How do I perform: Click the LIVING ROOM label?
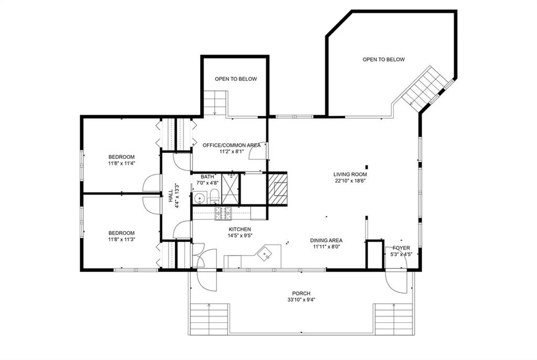[x=350, y=175]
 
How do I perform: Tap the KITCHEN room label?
[x=240, y=229]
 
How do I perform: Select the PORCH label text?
[x=302, y=293]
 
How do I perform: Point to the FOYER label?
[x=401, y=248]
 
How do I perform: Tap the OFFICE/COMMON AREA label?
[x=231, y=145]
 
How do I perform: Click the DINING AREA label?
[x=326, y=241]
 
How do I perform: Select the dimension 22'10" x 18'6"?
[x=350, y=181]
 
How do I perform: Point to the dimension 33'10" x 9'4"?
[x=302, y=300]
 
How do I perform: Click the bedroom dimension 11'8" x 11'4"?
[x=122, y=164]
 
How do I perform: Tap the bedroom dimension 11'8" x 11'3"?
[x=122, y=239]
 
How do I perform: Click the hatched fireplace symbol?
[x=277, y=188]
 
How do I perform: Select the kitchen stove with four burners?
[x=223, y=213]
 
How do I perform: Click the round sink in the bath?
[x=199, y=198]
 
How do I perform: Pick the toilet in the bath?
[x=214, y=197]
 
